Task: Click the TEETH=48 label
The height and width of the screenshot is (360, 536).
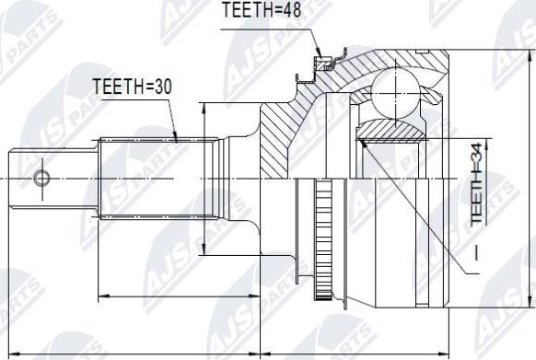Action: click(262, 9)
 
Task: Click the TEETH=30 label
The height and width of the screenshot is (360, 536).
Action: click(133, 87)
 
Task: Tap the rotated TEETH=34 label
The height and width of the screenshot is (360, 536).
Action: click(477, 184)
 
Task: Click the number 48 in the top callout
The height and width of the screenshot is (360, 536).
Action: click(290, 9)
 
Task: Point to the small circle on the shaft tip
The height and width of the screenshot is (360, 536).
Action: click(41, 178)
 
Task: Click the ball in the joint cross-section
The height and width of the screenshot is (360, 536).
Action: click(395, 93)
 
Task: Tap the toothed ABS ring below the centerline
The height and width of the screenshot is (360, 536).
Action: click(323, 239)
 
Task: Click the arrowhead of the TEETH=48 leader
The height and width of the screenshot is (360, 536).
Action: click(319, 53)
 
